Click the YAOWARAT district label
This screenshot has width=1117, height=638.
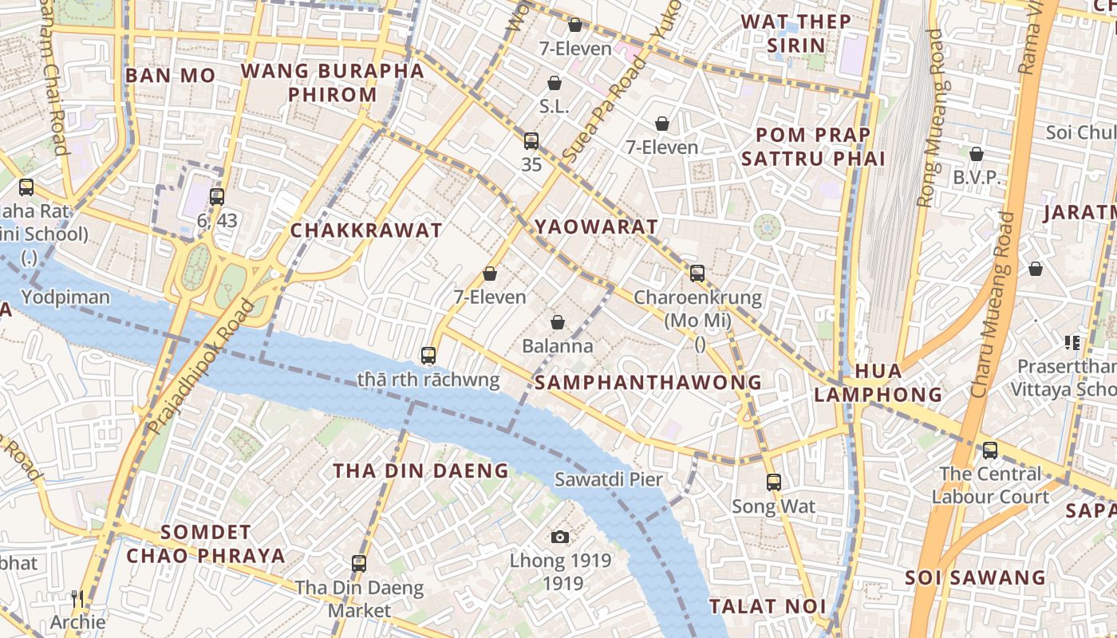coord(596,226)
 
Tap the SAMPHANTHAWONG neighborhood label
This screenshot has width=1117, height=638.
coord(648,383)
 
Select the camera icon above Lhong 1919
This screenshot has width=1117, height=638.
coord(560,537)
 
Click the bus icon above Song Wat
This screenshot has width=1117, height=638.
coord(773,482)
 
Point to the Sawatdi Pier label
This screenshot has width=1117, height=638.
coord(609,479)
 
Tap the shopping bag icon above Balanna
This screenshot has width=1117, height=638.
coord(558,322)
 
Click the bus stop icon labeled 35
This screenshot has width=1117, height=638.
coord(531,141)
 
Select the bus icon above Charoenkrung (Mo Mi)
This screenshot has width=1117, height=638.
coord(697,274)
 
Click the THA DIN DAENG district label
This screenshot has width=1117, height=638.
coord(420,471)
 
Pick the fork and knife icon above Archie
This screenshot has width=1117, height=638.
coord(77,598)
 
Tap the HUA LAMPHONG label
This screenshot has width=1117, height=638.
coord(878,383)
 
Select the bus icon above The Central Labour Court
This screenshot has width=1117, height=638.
coord(990,450)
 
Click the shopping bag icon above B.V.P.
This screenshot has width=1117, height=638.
coord(977,154)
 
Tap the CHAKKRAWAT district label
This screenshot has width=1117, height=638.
coord(365,231)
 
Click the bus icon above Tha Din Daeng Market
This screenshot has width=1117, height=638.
coord(359,564)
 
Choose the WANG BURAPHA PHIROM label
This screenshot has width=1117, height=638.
coord(332,82)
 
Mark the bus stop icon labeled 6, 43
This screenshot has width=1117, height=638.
coord(216,196)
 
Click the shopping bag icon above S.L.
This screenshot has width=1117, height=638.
coord(555,83)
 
